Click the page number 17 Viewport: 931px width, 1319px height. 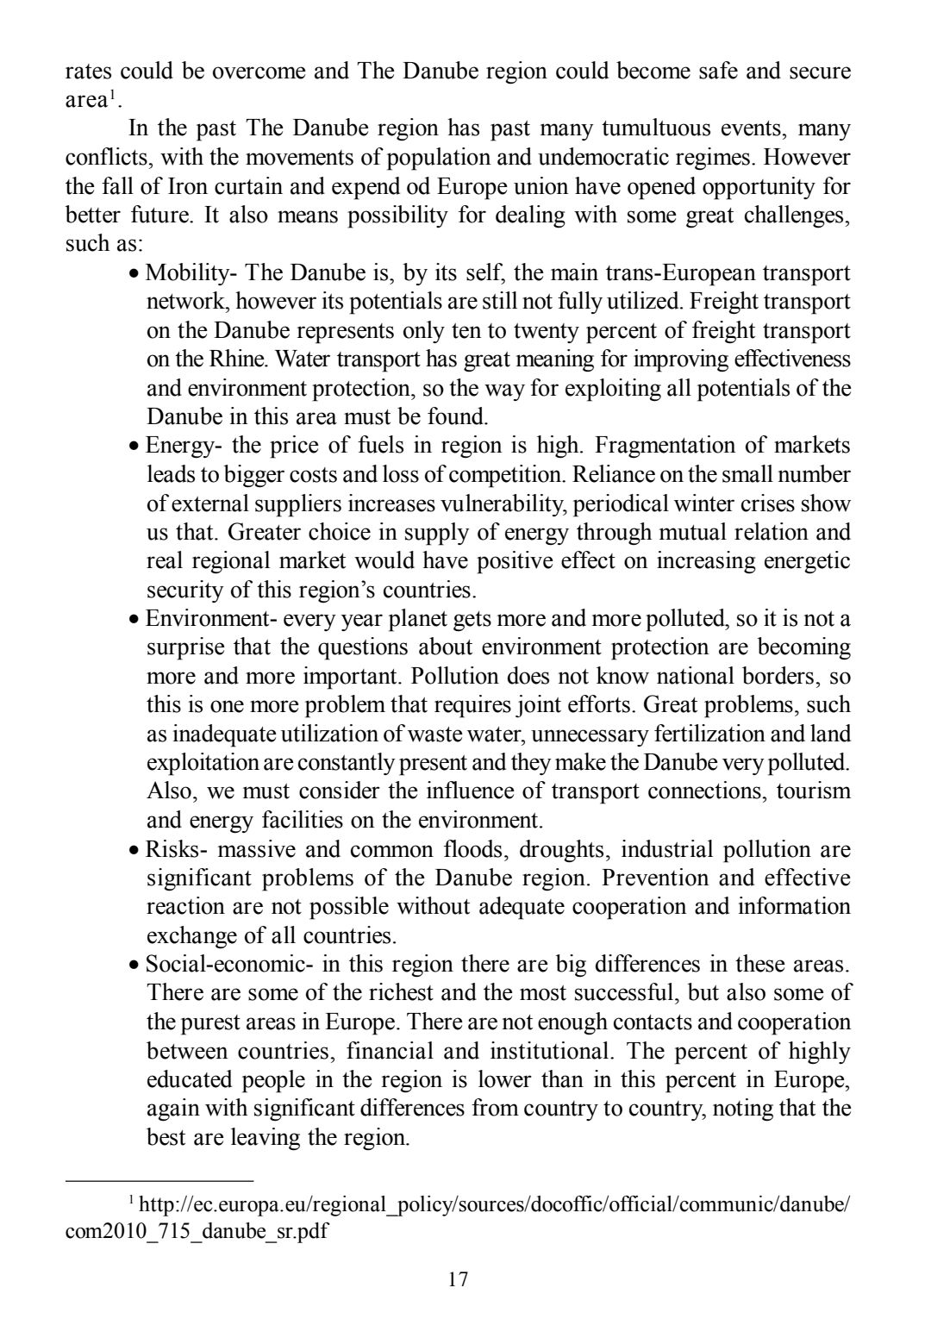coord(459,1278)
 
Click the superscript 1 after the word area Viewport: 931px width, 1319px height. coord(112,94)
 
